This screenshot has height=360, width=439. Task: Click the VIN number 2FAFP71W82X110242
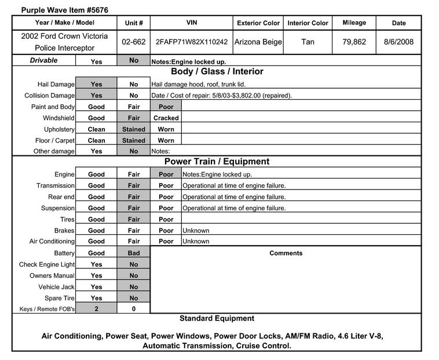192,42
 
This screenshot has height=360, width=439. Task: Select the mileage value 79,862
354,42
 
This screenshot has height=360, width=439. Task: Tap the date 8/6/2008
398,42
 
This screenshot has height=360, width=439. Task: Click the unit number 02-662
134,42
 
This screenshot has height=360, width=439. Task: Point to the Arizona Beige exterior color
258,42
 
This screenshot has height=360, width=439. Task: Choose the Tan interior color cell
308,42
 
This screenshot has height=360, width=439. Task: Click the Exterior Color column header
258,23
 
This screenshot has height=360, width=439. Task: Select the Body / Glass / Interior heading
217,72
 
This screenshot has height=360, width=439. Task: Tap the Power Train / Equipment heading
217,162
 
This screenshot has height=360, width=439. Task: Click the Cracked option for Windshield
166,118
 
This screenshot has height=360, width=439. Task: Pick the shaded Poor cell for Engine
166,174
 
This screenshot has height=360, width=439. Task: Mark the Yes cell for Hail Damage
96,85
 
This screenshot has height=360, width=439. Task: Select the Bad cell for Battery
134,253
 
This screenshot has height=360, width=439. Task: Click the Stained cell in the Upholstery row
134,129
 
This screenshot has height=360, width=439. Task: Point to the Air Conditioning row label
52,241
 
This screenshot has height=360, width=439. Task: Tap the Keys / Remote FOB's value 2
96,309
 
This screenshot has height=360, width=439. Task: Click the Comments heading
286,253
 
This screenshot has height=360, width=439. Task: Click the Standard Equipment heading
217,318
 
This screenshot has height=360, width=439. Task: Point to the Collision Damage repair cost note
221,96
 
